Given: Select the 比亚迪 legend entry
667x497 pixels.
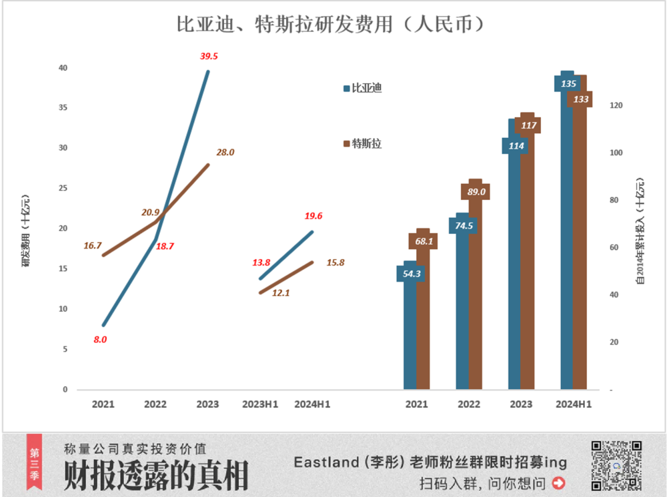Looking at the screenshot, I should (x=362, y=88).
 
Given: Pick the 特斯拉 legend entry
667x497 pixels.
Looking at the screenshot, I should (x=362, y=143).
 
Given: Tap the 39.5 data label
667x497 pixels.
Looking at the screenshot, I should (x=209, y=56).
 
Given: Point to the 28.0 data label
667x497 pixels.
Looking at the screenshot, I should (x=225, y=152).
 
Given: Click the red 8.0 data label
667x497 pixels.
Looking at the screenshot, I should (x=100, y=339).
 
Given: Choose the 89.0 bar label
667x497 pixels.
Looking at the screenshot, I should (x=476, y=192).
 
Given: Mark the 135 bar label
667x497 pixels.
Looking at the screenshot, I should (x=568, y=84).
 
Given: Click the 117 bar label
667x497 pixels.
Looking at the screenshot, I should (x=528, y=125).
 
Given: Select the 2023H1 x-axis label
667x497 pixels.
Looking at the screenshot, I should (x=260, y=404).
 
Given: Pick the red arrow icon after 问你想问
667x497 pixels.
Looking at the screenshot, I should (x=558, y=482).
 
